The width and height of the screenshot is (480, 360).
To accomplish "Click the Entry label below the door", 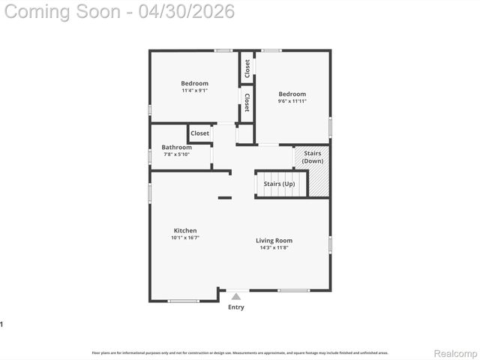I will coord(235,307).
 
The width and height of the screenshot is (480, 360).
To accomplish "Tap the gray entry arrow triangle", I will coord(235,297).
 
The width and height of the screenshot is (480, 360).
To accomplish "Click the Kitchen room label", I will coord(185,230).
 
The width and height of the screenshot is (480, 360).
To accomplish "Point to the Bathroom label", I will coord(176,147).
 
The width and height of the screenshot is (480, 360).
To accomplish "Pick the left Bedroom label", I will coord(194,83).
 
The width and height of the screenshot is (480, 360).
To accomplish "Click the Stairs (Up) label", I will coord(279,184).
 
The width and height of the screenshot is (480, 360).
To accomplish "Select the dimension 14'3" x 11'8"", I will coord(276,247).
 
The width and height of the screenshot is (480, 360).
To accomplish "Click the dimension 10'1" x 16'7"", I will coord(185,238).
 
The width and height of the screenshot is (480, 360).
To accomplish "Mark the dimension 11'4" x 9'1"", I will coord(194,90).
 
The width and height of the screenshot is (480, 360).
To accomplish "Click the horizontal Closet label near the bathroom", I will coord(199,133).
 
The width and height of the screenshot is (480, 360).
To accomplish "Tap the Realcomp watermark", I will coord(456,352).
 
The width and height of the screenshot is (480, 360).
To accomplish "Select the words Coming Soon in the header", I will coord(64,11).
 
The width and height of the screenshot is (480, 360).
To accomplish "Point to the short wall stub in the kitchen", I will coord(224,197).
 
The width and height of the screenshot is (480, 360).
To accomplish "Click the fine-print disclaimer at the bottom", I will coord(240,352).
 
